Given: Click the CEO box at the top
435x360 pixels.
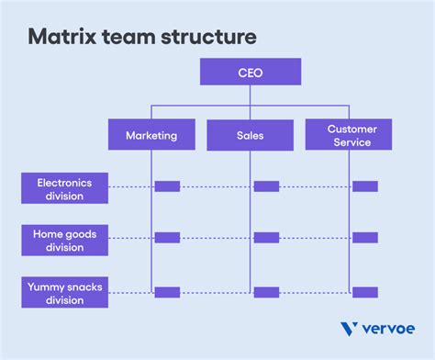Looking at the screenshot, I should (250, 71).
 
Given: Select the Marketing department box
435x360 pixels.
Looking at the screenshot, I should (151, 135).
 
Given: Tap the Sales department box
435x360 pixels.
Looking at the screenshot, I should (250, 135).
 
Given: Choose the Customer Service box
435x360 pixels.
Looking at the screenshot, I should (348, 135).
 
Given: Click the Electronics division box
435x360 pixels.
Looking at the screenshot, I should (63, 188).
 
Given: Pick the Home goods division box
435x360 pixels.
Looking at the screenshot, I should (63, 240).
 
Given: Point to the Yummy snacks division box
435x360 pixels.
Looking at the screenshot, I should (63, 293).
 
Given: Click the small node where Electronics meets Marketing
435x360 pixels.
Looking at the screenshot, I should (167, 186).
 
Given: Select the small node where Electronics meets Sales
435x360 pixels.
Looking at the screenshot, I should (266, 186).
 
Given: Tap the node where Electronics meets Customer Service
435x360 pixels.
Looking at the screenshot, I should (364, 186).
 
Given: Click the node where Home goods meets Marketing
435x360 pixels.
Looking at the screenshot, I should (167, 238).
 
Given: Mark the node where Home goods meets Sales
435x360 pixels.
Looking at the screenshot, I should (266, 238).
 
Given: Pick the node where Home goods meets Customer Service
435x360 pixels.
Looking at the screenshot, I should (364, 238).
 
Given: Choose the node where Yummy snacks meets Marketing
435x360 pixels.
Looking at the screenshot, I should (167, 292).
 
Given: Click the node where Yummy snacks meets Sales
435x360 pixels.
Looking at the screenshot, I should (266, 292).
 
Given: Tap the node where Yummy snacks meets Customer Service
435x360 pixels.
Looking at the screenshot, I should (364, 292).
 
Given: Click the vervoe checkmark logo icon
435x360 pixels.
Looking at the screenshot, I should (350, 329).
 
